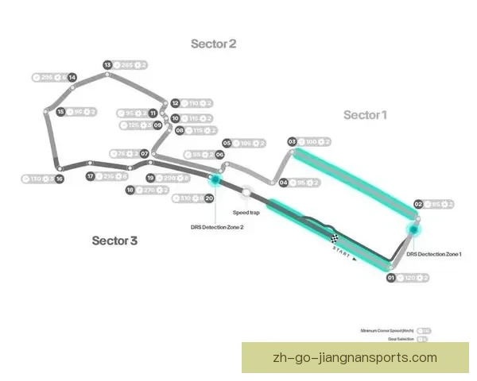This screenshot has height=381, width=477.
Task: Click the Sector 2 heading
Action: click(x=213, y=44)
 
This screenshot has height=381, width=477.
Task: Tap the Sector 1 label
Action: click(x=365, y=115)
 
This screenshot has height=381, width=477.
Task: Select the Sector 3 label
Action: click(x=114, y=241)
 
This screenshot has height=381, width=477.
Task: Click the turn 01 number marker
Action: click(x=390, y=278)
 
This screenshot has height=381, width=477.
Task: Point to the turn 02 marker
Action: click(x=417, y=204)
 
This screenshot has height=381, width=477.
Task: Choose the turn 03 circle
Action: click(x=292, y=141)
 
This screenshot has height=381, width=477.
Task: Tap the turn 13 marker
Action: click(x=107, y=65)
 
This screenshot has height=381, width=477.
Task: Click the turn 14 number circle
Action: click(x=72, y=77)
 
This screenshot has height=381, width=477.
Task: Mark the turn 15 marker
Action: click(x=60, y=113)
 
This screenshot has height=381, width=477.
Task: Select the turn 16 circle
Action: click(x=60, y=179)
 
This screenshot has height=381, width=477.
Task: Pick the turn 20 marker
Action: click(x=209, y=198)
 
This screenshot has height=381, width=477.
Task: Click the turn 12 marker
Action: click(x=175, y=103)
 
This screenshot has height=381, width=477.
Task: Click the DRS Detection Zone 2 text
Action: click(x=217, y=227)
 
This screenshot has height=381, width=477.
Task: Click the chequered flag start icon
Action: click(x=335, y=237)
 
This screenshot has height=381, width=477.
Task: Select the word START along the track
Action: click(x=340, y=252)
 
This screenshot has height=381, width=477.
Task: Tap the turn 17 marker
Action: click(x=91, y=176)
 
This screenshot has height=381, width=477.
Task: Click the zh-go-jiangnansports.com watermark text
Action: click(x=354, y=357)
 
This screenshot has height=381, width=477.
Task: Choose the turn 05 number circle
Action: click(x=227, y=143)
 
